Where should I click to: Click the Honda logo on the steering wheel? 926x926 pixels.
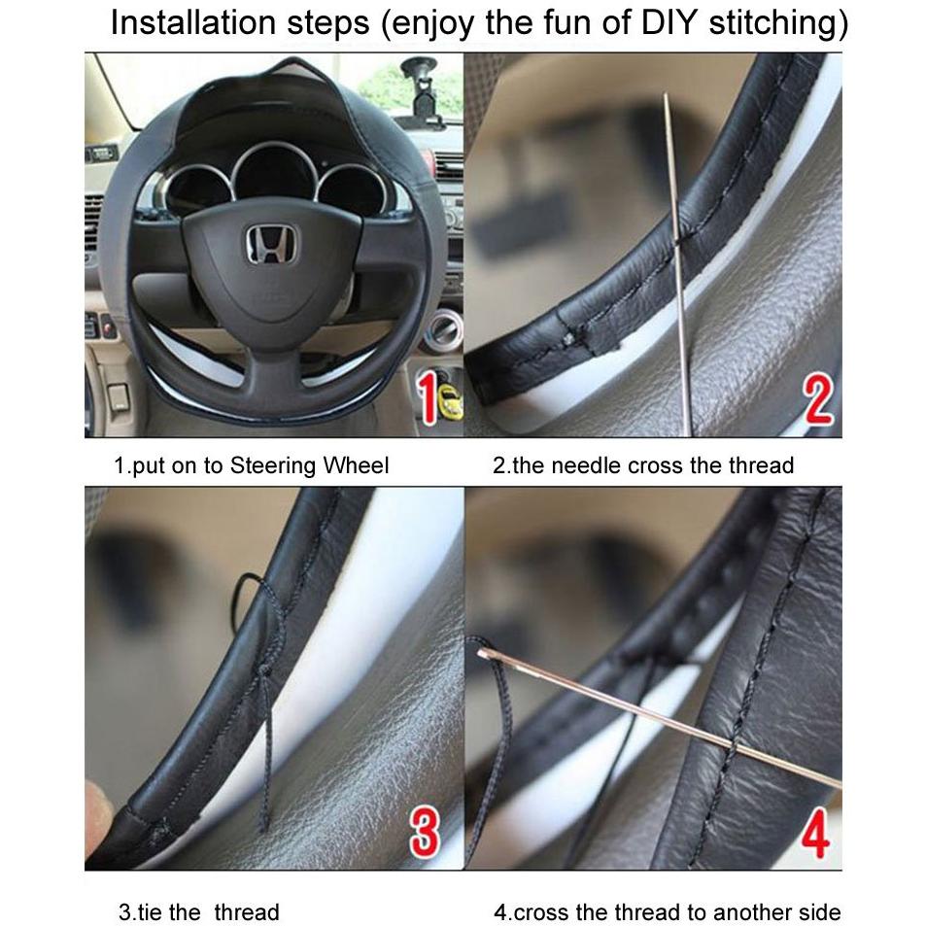pyautogui.click(x=272, y=243)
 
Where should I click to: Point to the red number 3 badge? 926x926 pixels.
pyautogui.click(x=425, y=833)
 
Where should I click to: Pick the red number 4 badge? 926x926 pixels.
pyautogui.click(x=815, y=833)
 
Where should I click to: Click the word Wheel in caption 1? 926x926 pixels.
pyautogui.click(x=358, y=465)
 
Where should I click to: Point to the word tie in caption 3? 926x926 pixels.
pyautogui.click(x=150, y=911)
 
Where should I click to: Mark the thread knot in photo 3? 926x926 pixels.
pyautogui.click(x=265, y=672)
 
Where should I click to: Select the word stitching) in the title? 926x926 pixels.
pyautogui.click(x=778, y=23)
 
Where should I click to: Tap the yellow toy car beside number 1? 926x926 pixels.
pyautogui.click(x=451, y=399)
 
